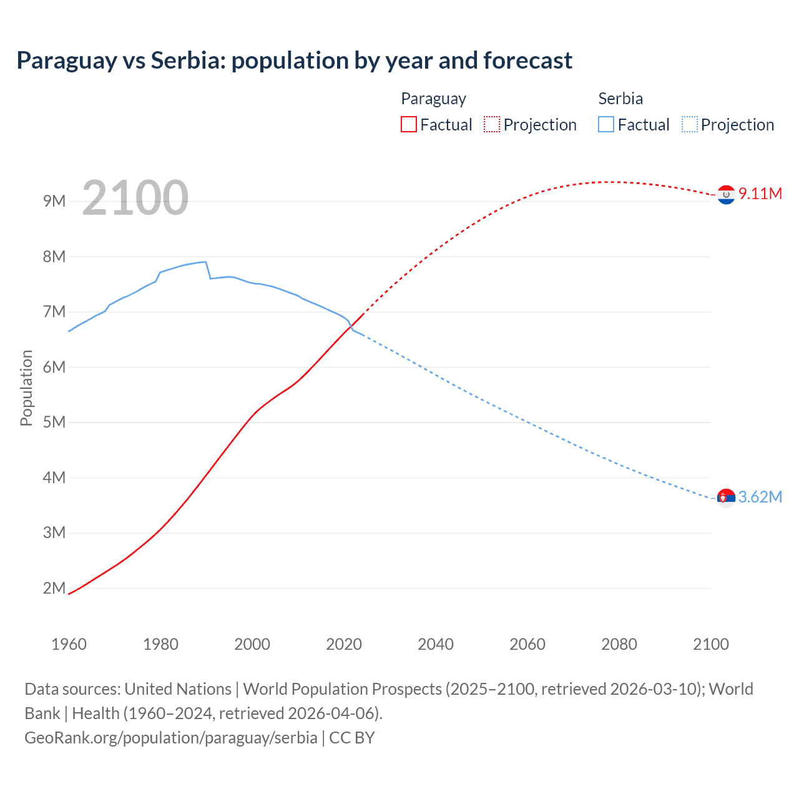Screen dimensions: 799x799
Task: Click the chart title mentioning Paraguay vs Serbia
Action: [x=294, y=61]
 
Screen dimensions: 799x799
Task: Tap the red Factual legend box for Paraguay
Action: [x=408, y=125]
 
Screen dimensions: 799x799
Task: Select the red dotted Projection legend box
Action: [x=492, y=125]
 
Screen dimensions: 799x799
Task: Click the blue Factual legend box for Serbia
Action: [x=605, y=125]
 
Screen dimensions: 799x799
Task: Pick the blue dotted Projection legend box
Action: [x=689, y=125]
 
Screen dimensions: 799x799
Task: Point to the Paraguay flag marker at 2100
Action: [x=726, y=195]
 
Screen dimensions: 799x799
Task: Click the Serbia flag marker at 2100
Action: [x=726, y=498]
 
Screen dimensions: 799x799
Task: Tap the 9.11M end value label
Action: [x=760, y=194]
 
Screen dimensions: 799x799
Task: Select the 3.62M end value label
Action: [x=760, y=497]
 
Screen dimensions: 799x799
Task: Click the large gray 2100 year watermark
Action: [x=135, y=198]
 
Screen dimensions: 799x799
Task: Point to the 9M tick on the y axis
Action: [x=54, y=201]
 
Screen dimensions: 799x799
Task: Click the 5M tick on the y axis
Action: [x=54, y=422]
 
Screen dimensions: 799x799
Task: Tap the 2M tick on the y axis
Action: [x=54, y=588]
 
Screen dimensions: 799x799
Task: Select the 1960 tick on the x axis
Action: [x=69, y=644]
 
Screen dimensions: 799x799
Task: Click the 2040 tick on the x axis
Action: [x=436, y=644]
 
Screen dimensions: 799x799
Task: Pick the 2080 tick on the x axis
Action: [x=619, y=644]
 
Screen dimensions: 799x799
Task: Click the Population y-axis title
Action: [x=26, y=388]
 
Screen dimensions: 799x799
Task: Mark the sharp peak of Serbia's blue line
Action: [x=205, y=262]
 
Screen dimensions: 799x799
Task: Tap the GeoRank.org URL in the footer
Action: [x=170, y=738]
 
